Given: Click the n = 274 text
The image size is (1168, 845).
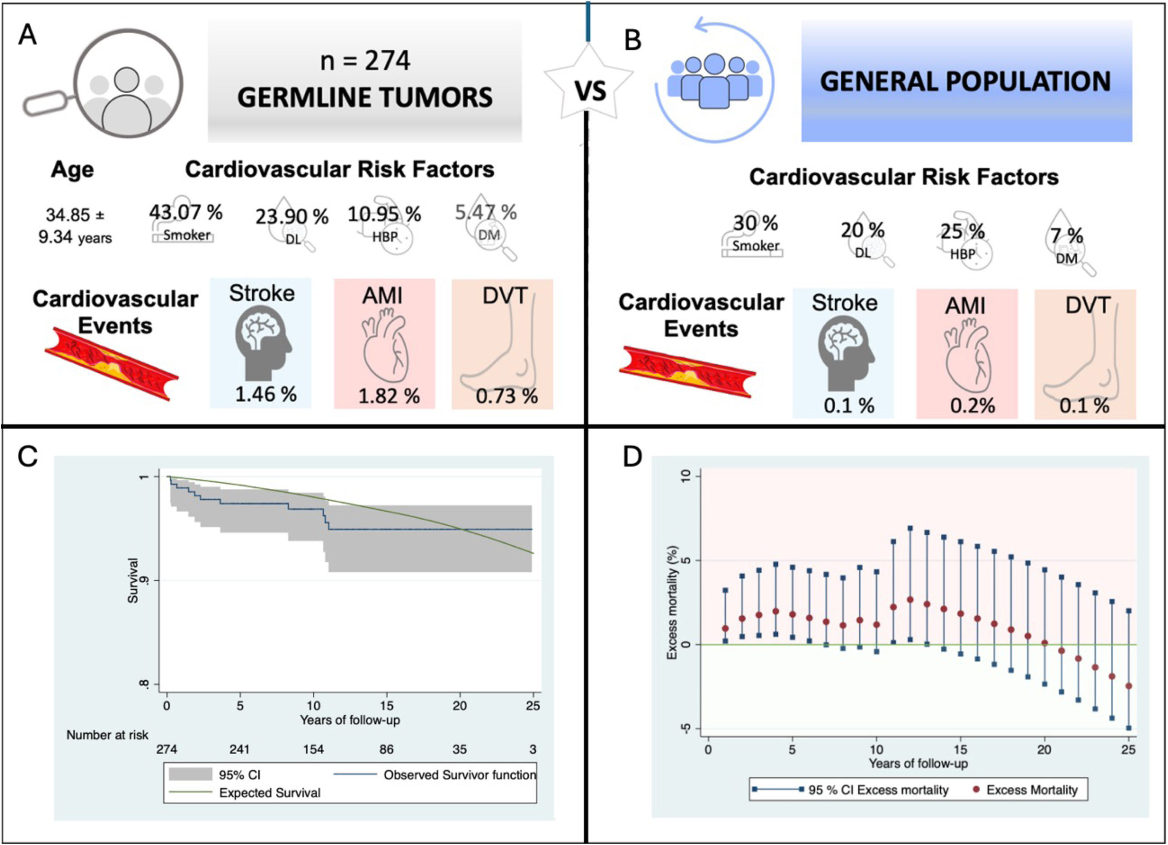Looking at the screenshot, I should click(365, 61).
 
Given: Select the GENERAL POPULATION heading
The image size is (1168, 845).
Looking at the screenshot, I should click(966, 81).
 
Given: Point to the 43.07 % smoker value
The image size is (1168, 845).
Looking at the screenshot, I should click(186, 212).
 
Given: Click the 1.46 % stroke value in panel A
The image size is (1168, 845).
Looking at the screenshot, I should click(266, 394).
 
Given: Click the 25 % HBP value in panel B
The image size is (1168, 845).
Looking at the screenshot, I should click(962, 231).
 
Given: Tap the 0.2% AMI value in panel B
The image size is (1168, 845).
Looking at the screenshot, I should click(972, 406).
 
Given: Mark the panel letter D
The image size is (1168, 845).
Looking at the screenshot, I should click(632, 457).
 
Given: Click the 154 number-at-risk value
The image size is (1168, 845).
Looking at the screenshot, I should click(313, 749).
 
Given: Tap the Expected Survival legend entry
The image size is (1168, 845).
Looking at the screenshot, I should click(269, 792).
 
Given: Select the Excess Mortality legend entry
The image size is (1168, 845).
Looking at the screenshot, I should click(1031, 790).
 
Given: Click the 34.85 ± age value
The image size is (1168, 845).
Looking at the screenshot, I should click(75, 214).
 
